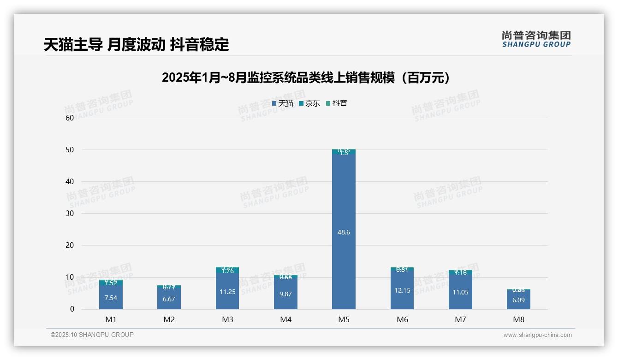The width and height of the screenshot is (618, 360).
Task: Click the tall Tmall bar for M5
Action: point(344,194)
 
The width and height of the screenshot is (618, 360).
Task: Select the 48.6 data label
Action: point(344,232)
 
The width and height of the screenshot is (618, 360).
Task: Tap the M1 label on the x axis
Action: point(111,319)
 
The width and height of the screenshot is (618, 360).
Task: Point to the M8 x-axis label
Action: point(518,319)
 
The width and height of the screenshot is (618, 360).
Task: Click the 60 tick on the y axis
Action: point(70,118)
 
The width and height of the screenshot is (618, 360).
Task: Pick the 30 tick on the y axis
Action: point(70,213)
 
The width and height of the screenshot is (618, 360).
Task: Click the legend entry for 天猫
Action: point(283,103)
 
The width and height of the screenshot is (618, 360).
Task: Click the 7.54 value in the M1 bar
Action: point(111,298)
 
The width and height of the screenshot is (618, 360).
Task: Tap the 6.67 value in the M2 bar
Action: point(169,299)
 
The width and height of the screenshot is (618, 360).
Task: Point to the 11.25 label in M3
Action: point(227,292)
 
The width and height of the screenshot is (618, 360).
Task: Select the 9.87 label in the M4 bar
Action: point(285,294)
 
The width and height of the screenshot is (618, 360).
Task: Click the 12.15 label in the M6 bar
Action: point(402,290)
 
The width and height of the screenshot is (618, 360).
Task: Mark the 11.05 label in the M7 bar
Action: point(460,292)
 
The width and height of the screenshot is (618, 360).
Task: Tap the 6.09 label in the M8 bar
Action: point(518,300)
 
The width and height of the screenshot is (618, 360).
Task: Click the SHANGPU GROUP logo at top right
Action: point(536,39)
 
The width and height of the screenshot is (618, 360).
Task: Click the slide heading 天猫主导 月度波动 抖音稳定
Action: point(136,45)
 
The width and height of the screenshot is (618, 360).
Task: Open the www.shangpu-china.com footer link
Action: point(537,335)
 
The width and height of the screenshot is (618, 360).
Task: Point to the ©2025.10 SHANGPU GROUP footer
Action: point(92,335)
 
